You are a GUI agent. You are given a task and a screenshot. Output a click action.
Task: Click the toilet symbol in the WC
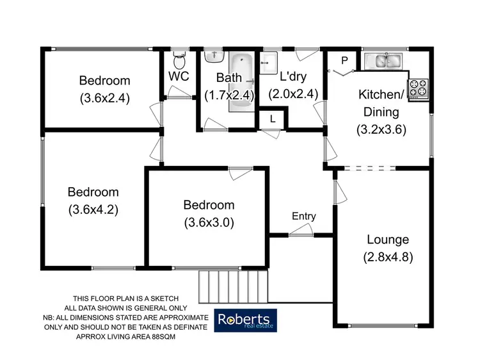(179, 62)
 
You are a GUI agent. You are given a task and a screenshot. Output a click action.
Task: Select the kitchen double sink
(382, 61)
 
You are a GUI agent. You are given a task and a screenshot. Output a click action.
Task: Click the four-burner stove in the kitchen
(419, 88)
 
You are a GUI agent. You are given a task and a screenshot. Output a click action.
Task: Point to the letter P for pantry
(344, 61)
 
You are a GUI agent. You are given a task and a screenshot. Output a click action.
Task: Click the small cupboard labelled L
(273, 119)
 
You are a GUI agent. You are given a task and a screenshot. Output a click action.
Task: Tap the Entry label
(303, 217)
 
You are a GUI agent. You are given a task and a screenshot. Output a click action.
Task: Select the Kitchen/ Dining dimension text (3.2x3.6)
(381, 127)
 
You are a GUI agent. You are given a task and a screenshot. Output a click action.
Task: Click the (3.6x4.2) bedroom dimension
(93, 209)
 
